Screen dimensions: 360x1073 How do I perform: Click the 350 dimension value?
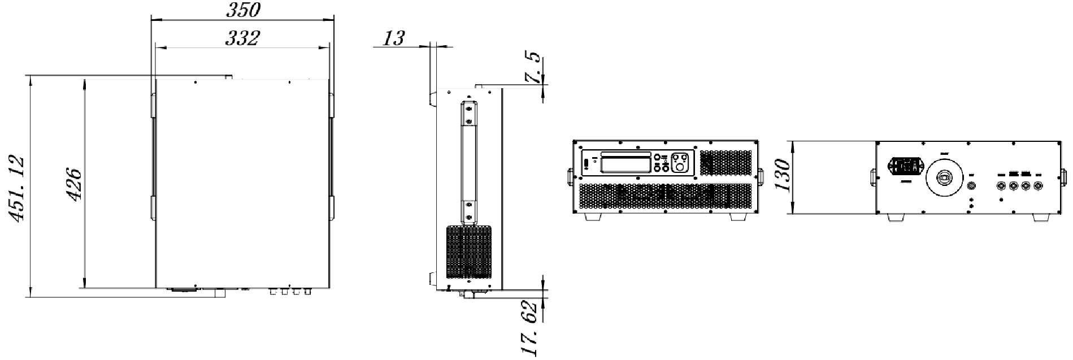point(243,10)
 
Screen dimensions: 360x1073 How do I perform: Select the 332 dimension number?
point(242,38)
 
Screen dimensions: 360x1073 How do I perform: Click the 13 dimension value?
point(394,38)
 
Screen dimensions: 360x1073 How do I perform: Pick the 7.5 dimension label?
point(532,69)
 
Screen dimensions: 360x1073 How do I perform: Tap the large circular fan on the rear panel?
point(944,177)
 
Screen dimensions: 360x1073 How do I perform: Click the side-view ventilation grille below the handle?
point(468,253)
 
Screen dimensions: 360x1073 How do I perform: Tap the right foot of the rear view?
point(1041,217)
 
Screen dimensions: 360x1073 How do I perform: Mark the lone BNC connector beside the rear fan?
point(972,185)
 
